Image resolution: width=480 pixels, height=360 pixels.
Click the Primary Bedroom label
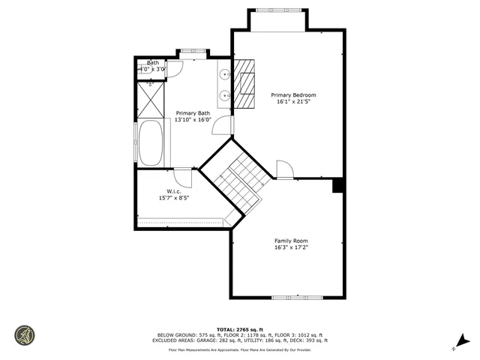click(x=293, y=95)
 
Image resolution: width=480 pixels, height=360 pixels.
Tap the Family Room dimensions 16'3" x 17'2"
click(x=292, y=247)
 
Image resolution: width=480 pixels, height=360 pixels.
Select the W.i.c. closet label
click(x=173, y=190)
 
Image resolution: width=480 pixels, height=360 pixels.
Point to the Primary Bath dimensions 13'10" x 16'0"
click(x=193, y=119)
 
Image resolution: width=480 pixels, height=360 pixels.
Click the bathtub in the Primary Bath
click(x=150, y=142)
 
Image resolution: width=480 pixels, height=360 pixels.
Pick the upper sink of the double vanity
click(x=224, y=74)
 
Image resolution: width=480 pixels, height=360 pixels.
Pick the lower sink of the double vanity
click(x=224, y=95)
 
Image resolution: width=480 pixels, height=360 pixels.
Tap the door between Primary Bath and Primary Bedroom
click(x=223, y=126)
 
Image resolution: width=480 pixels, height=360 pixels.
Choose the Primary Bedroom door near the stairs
click(x=285, y=169)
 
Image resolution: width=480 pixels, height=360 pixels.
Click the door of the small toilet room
click(x=174, y=70)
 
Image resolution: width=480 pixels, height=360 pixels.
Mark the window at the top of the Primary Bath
click(x=192, y=52)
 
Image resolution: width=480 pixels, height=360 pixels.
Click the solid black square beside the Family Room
click(x=338, y=185)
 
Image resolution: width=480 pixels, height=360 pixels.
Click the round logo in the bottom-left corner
click(x=24, y=335)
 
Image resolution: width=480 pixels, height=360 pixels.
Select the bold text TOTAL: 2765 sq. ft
click(x=239, y=328)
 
